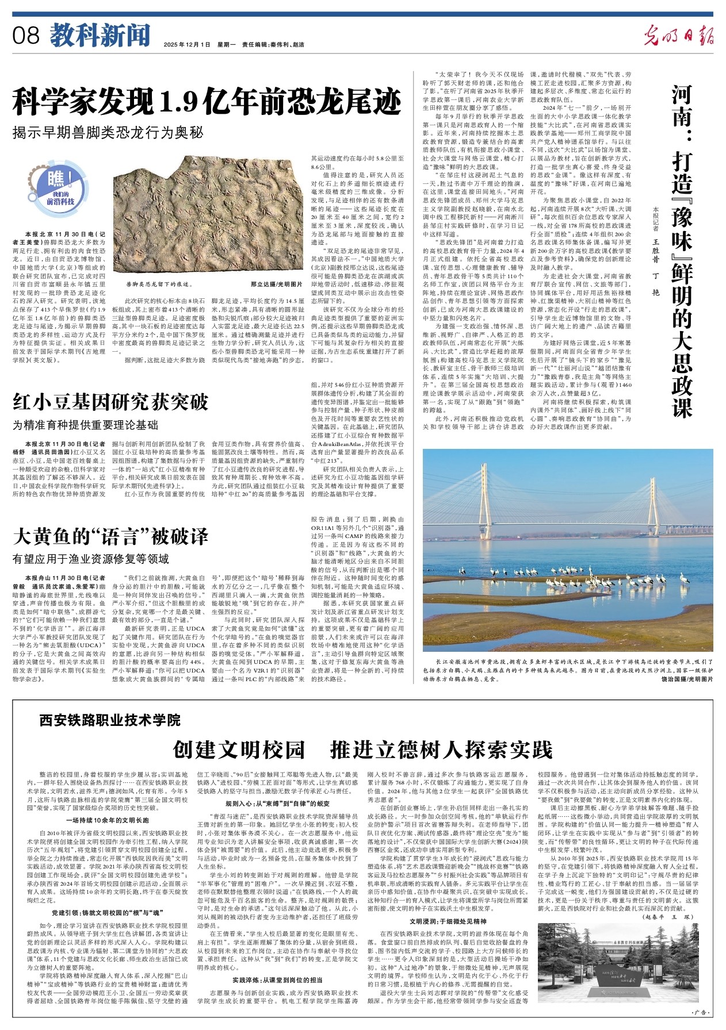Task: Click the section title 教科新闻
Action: pyautogui.click(x=100, y=36)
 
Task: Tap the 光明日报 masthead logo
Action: pyautogui.click(x=678, y=36)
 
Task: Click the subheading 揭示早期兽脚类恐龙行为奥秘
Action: pyautogui.click(x=108, y=133)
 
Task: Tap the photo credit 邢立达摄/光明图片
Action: pyautogui.click(x=276, y=284)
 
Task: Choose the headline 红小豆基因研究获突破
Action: pyautogui.click(x=110, y=402)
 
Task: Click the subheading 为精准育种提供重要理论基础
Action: pyautogui.click(x=85, y=425)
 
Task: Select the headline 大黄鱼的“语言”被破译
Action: pyautogui.click(x=110, y=536)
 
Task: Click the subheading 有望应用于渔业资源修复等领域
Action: pyautogui.click(x=91, y=559)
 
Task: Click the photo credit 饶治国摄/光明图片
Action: pyautogui.click(x=687, y=679)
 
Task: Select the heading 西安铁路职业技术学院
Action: pyautogui.click(x=110, y=720)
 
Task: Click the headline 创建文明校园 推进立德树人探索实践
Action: pyautogui.click(x=362, y=750)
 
